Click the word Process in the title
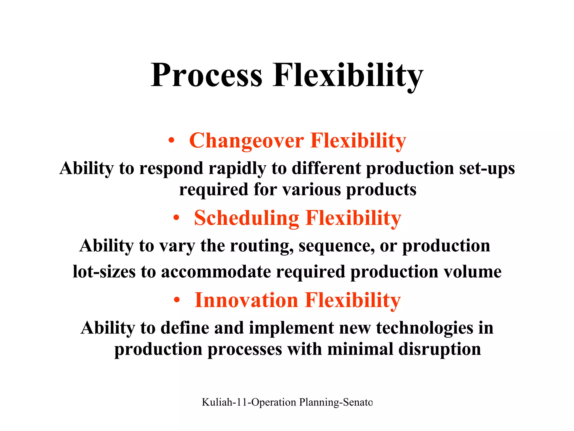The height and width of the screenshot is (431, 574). pos(207,75)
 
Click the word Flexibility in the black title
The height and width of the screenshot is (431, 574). pos(348,75)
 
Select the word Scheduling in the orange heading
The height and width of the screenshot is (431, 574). pos(246,218)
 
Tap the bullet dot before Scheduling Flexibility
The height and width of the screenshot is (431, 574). pos(176,217)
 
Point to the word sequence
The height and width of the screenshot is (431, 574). pos(336,246)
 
